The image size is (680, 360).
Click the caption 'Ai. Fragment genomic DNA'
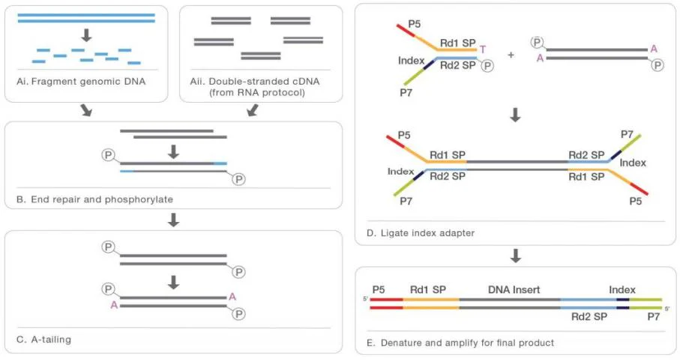81,82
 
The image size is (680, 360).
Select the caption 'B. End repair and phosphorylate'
94,199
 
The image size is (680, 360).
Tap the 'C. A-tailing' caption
43,340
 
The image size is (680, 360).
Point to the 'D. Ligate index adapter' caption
421,233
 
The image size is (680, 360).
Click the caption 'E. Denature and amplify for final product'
460,343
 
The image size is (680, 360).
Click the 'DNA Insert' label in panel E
514,289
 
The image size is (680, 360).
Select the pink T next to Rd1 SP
483,49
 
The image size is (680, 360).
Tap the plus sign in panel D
511,55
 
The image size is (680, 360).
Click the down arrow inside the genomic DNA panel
87,35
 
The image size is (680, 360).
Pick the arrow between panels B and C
173,220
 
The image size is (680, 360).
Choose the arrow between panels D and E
516,256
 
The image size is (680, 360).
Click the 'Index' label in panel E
622,289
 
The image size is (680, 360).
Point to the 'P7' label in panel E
654,316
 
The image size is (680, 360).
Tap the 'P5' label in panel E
379,289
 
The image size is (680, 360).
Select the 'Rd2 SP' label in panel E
589,316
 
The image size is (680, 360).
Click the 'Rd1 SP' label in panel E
427,289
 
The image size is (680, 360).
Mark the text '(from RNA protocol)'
257,92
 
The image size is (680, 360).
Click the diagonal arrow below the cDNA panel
253,110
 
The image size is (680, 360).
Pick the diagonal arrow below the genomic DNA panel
86,110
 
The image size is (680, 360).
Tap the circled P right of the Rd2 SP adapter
487,66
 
